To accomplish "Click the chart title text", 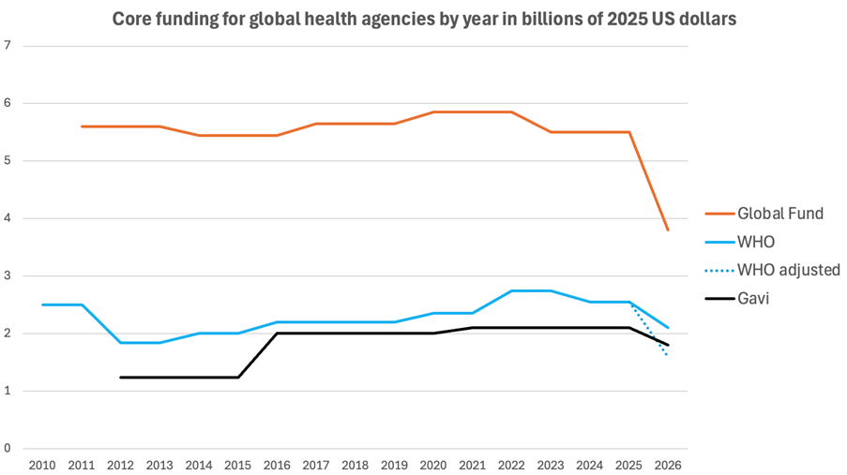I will [424, 19].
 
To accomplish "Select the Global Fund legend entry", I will [779, 214].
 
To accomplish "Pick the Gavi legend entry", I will [754, 299].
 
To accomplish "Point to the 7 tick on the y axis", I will [8, 45].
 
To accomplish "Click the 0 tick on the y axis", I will [8, 449].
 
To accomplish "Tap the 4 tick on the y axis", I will [8, 218].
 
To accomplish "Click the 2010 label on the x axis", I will [41, 464].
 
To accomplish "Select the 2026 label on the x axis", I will [668, 464].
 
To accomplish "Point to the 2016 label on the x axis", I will [277, 464].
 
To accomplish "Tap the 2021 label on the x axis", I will [472, 464].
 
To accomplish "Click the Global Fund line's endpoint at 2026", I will [668, 230].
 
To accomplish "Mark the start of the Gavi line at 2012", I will [120, 377].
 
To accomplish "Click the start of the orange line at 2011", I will [81, 126].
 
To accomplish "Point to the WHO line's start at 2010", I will [41, 304].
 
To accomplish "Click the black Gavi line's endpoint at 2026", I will [668, 345].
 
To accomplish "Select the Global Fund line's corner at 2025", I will [628, 132].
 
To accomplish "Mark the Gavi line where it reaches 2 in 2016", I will [277, 334].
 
